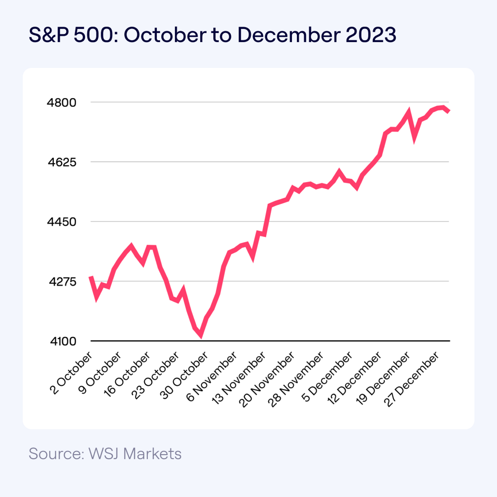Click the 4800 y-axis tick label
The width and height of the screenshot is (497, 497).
61,103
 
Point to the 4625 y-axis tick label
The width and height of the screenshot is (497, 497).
62,162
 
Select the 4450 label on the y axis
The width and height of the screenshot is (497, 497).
61,222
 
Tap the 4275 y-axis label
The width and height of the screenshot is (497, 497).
63,282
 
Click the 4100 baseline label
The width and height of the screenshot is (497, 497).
63,341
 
